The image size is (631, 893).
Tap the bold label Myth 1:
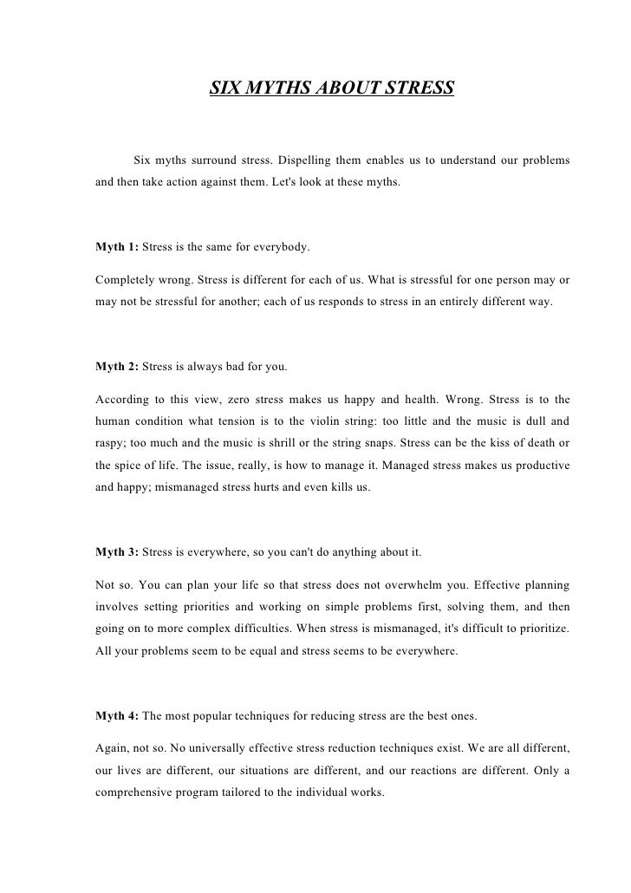coord(117,247)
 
